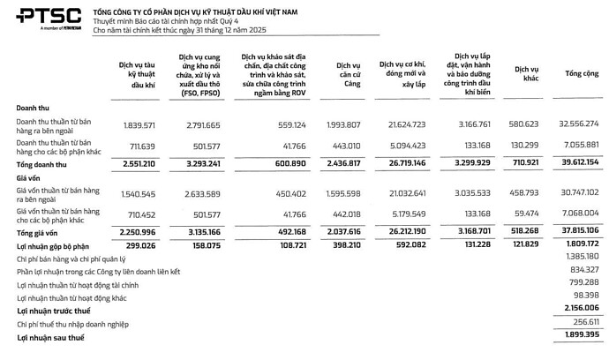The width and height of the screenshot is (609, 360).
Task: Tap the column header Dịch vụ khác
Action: coord(527,74)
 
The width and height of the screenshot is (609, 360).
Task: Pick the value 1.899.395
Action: coord(580,337)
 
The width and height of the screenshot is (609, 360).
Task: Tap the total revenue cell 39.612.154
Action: coord(577,164)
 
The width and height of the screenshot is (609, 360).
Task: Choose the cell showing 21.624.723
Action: coord(402,124)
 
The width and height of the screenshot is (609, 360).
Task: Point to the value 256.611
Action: coord(583,324)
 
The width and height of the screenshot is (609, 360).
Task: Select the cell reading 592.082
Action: coord(406,245)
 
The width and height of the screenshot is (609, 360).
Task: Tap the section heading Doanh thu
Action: coord(33,107)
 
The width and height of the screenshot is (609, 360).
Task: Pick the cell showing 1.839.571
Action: coord(142,124)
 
